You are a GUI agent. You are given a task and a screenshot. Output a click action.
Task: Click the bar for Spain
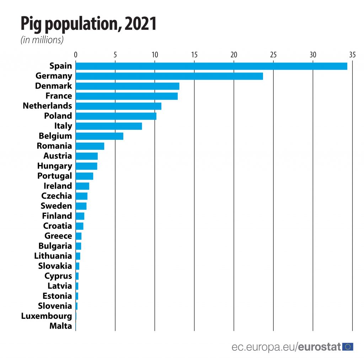[211, 66]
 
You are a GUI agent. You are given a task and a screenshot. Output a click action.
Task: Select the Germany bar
[169, 76]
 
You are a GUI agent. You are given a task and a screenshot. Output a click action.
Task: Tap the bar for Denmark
[127, 86]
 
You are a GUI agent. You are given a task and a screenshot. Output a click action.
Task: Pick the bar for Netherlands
[118, 106]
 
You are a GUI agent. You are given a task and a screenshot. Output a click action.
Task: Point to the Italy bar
[109, 126]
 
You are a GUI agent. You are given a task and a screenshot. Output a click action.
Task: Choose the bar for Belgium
[100, 136]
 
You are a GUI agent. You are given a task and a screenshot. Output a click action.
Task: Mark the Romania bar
[90, 146]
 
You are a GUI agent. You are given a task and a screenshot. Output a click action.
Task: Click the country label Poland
[58, 116]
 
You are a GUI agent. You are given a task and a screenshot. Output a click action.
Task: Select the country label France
[59, 96]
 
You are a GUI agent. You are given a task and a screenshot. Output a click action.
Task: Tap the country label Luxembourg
[47, 316]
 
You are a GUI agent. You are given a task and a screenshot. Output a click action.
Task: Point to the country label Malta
[61, 326]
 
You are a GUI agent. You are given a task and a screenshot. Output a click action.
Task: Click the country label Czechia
[57, 196]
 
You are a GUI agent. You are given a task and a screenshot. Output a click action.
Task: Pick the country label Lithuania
[53, 256]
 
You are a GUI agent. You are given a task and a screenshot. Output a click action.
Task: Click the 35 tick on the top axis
[352, 55]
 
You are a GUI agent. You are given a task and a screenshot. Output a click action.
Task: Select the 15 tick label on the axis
[194, 55]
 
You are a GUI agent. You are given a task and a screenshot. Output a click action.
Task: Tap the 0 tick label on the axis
[76, 55]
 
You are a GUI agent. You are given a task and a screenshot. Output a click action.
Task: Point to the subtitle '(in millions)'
[42, 40]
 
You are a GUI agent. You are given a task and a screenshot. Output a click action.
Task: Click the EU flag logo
[348, 346]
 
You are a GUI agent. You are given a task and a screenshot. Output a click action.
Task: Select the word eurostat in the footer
[319, 347]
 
